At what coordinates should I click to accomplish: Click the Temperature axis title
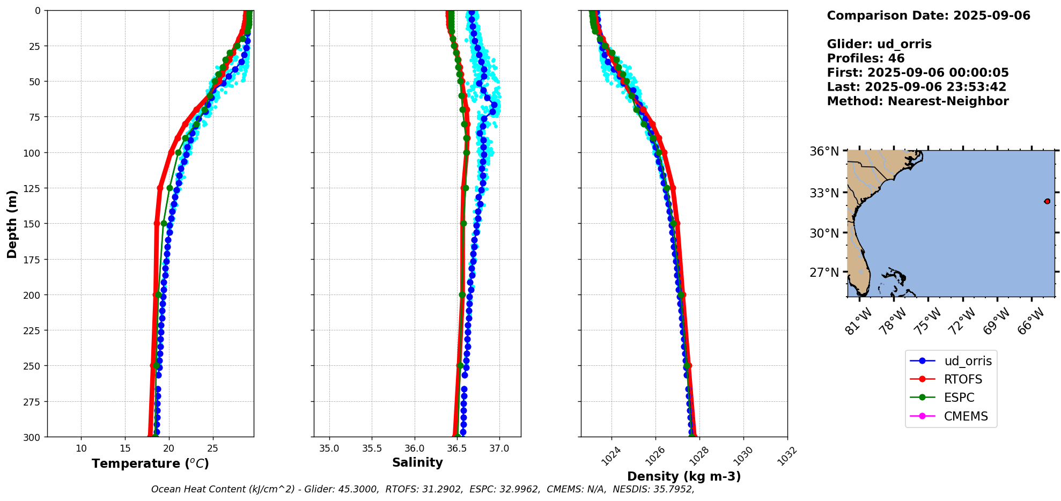[150, 463]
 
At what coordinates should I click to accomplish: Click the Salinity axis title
[417, 462]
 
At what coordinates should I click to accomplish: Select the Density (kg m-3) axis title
[684, 476]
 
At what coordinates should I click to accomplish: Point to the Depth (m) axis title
[12, 224]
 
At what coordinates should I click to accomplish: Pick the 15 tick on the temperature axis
[125, 448]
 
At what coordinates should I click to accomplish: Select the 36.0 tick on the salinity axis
[414, 448]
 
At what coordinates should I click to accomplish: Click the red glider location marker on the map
[1047, 201]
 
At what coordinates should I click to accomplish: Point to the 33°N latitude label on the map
[824, 193]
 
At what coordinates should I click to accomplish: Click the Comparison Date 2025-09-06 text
[929, 16]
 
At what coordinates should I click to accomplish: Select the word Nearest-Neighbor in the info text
[948, 101]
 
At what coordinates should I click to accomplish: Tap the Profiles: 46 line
[865, 58]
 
